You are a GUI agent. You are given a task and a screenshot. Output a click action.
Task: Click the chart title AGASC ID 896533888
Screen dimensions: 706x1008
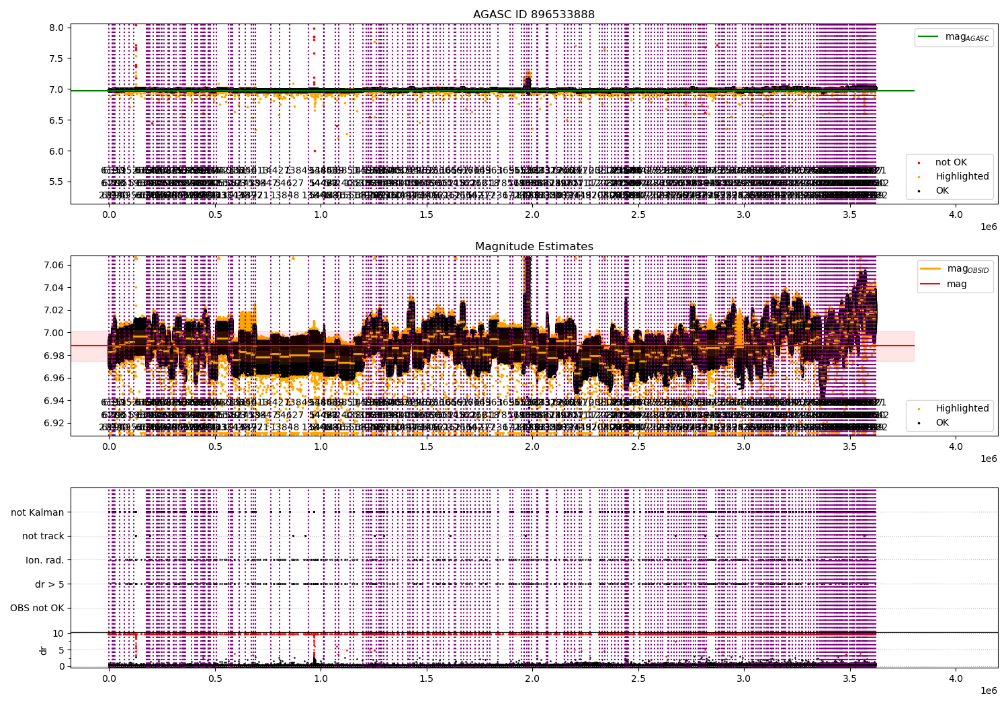[x=534, y=14]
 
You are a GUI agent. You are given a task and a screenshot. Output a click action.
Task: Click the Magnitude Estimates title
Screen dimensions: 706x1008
[x=534, y=247]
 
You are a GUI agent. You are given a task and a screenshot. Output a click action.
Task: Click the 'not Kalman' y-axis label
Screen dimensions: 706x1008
[x=38, y=512]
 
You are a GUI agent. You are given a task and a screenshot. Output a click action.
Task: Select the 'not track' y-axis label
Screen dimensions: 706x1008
[x=43, y=536]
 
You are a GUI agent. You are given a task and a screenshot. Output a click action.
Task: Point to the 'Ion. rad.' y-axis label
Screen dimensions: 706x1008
[x=45, y=560]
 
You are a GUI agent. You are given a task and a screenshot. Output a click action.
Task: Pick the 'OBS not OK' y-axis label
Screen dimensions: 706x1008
[x=37, y=609]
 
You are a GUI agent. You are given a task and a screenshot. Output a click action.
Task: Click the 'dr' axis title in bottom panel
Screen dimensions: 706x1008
[x=44, y=650]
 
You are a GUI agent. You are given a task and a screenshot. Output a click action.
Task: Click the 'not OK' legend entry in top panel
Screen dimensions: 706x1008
[x=951, y=162]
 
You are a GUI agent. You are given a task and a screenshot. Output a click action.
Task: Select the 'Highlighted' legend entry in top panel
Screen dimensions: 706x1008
[x=962, y=176]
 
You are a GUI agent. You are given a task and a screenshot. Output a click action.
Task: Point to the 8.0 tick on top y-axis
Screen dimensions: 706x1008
[x=57, y=28]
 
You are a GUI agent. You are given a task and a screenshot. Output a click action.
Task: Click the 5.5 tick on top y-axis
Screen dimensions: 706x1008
[x=57, y=182]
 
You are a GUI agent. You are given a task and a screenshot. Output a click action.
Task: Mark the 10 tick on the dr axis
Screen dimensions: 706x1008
[x=58, y=633]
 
